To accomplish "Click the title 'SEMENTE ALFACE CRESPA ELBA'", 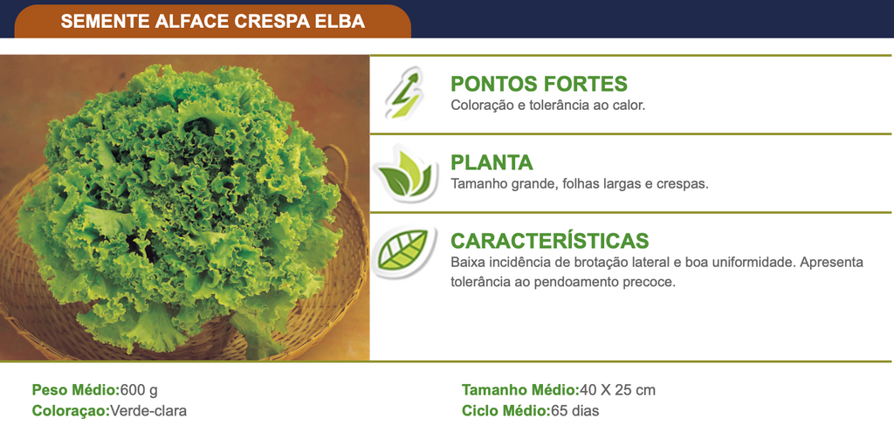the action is (213, 22).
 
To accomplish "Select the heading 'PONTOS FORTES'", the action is (539, 84).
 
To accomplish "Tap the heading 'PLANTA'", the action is (492, 162).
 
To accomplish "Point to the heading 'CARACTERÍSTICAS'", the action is (550, 241).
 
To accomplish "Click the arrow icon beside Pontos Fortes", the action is (404, 93).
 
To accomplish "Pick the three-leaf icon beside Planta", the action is (405, 174).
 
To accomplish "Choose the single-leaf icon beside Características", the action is (403, 251).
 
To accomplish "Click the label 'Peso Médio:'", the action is (76, 390).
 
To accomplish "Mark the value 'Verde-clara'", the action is (148, 410).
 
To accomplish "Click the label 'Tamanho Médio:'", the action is (520, 390).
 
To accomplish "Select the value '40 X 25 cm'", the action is (617, 390).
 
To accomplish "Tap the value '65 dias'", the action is (575, 410).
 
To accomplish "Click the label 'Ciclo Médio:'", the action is (506, 410).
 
